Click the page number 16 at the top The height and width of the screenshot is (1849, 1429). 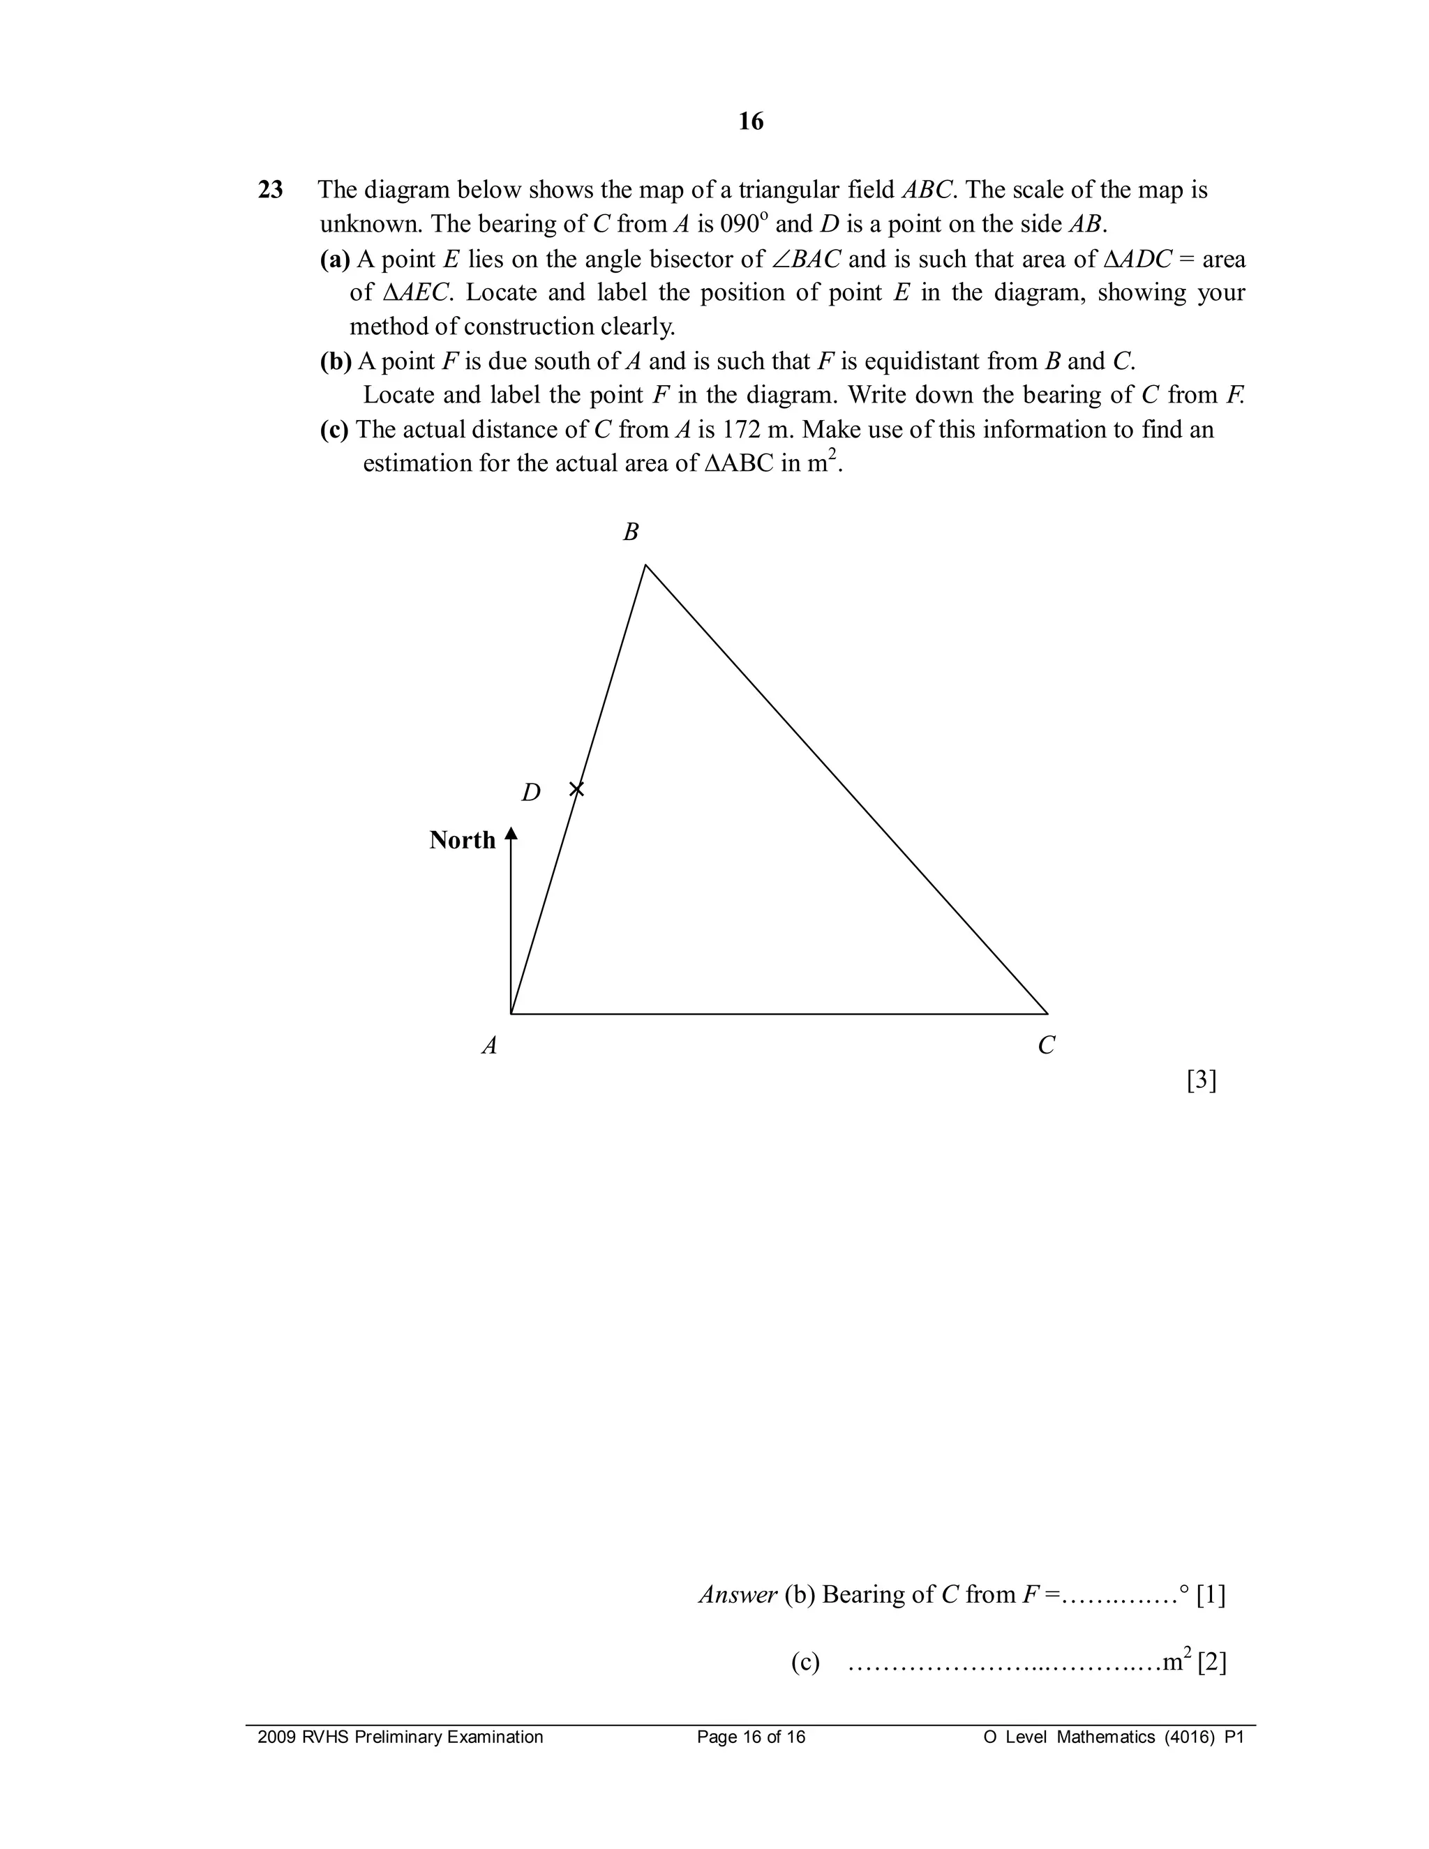click(x=750, y=122)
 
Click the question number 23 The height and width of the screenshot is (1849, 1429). click(x=270, y=190)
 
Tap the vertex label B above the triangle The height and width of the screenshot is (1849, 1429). click(x=631, y=532)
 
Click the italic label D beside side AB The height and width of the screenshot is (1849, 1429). click(x=531, y=793)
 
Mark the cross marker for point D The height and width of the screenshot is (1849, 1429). click(x=576, y=789)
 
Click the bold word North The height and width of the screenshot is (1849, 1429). click(x=462, y=840)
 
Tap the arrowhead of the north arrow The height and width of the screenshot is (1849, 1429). click(x=511, y=834)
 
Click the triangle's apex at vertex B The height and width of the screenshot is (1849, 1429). click(x=646, y=566)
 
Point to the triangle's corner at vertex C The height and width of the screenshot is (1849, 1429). click(x=1047, y=1012)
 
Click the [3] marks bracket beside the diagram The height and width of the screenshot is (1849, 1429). click(x=1202, y=1080)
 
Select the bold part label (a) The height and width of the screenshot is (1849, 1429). click(x=335, y=259)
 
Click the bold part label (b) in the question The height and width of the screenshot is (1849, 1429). click(x=335, y=361)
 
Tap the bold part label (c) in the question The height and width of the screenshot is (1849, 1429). click(x=334, y=430)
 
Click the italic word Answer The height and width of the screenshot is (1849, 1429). click(x=738, y=1595)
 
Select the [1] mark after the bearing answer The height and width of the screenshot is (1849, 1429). click(x=1211, y=1595)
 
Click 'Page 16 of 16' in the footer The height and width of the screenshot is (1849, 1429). click(x=751, y=1737)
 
